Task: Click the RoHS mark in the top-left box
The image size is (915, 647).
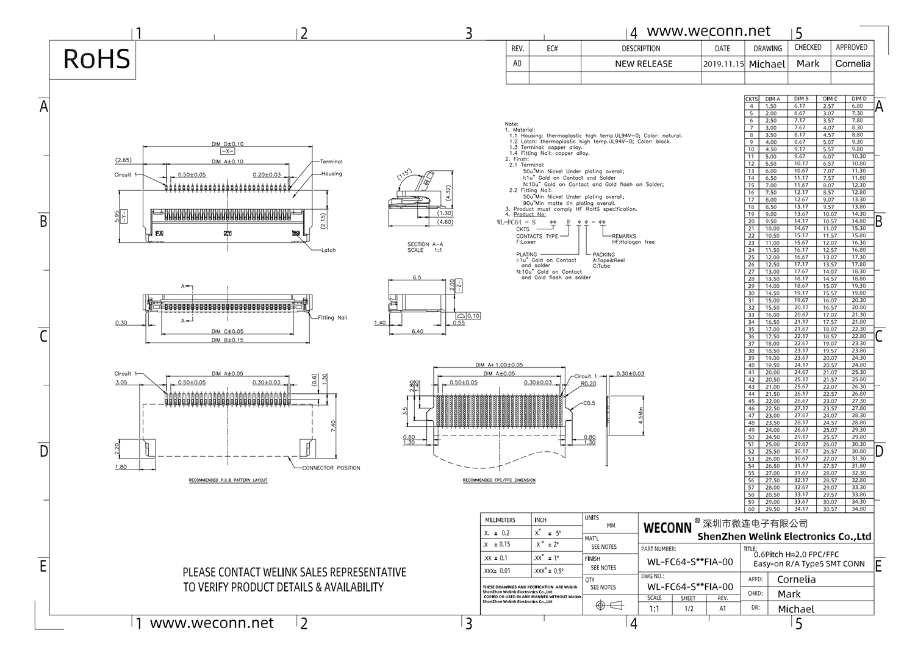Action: tap(96, 59)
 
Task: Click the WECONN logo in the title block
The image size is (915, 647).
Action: tap(667, 527)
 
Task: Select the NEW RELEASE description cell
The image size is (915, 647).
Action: tap(644, 64)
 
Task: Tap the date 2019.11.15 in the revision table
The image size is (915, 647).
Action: tap(723, 64)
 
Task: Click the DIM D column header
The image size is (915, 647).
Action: tap(859, 99)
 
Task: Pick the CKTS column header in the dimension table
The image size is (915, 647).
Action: tap(752, 99)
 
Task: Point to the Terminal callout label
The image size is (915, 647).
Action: tap(331, 162)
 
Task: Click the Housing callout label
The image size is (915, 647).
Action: tap(332, 174)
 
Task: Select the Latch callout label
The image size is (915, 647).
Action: tap(328, 250)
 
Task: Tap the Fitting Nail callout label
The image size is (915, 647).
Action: tap(332, 318)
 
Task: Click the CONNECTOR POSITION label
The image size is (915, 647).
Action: tap(331, 468)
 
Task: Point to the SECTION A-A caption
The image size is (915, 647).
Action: tap(425, 247)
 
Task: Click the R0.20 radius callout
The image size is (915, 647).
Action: tap(588, 384)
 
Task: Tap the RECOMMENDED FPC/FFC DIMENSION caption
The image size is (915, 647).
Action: tap(499, 481)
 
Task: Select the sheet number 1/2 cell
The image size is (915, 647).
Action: tap(688, 609)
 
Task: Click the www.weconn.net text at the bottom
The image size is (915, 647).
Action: tap(212, 623)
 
